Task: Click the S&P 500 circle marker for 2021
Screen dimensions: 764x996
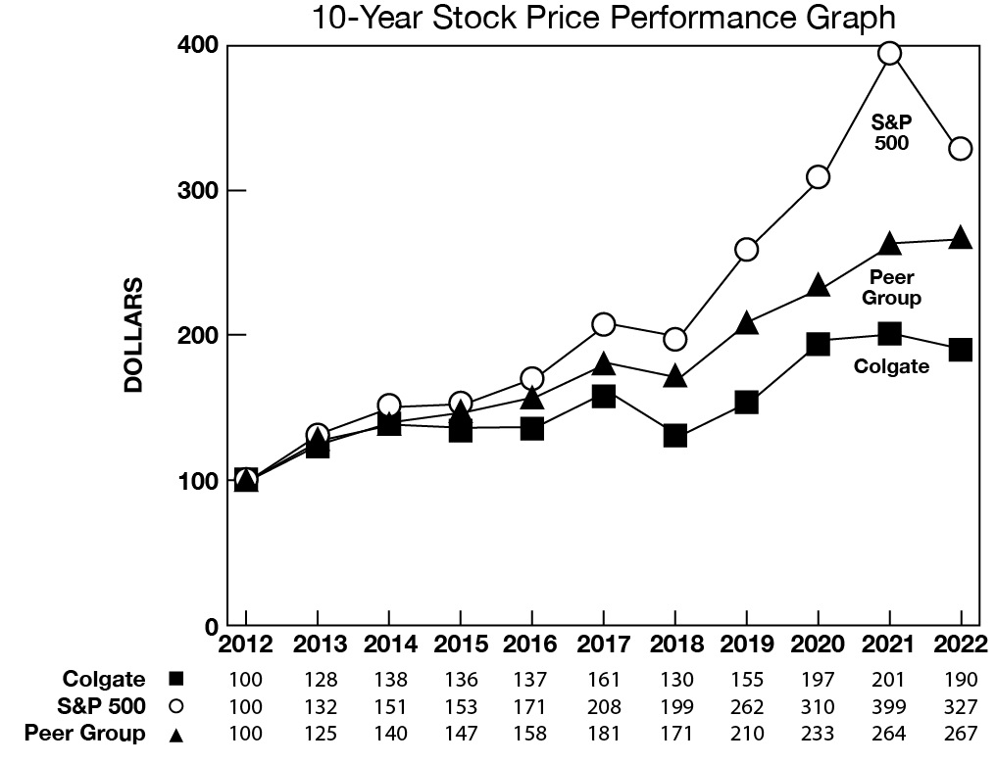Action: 889,53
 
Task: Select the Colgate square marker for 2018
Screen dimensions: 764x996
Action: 674,436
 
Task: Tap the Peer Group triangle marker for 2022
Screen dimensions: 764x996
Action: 961,239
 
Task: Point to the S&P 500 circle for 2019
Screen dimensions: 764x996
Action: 746,250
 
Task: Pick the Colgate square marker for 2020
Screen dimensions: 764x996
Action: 818,344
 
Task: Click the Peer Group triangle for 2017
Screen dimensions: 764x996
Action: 603,364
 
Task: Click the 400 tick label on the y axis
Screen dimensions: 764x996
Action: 197,45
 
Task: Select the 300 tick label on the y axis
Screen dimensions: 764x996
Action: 197,190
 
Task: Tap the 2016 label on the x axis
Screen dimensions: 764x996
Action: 531,645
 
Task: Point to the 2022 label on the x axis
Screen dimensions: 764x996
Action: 961,645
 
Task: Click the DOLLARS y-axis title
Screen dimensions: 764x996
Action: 134,335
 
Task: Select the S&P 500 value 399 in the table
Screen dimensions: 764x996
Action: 889,706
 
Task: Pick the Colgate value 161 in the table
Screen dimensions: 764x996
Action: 603,680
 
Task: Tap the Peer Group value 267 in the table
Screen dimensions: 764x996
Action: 961,733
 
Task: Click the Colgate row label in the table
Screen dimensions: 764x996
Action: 104,680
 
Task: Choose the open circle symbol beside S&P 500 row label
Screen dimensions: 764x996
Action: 176,706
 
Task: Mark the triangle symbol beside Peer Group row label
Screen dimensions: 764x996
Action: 176,733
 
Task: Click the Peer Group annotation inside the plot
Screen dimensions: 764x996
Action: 892,288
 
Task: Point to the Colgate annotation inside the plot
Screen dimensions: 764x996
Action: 891,367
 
